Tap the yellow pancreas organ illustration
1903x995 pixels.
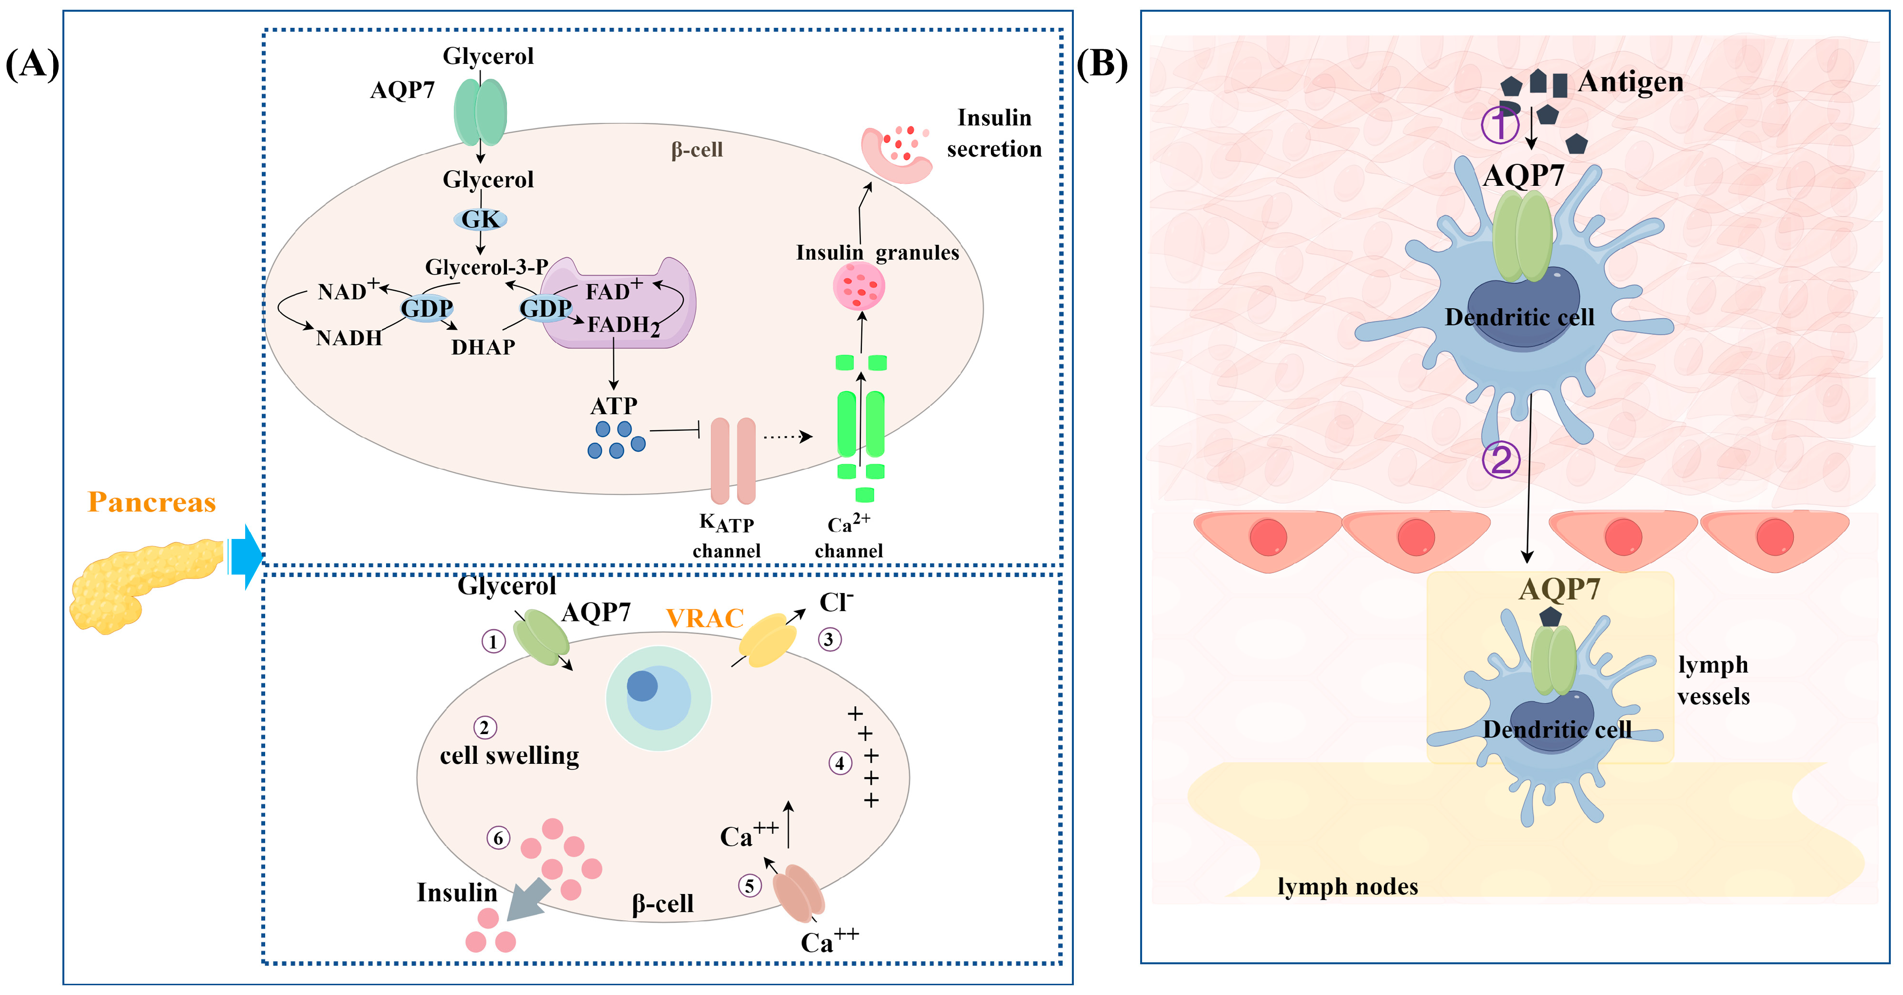point(140,584)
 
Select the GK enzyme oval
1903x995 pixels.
point(480,219)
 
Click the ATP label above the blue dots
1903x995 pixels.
point(613,406)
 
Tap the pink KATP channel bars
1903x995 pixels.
point(733,460)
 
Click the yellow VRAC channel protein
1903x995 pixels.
point(768,639)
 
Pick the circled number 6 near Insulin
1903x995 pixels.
point(498,837)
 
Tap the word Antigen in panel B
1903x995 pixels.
point(1631,81)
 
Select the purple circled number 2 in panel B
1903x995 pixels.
point(1501,460)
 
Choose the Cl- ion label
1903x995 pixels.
point(835,602)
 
